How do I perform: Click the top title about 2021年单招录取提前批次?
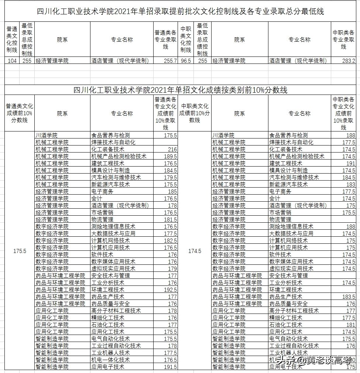coord(181,12)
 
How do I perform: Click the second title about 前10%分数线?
coord(181,90)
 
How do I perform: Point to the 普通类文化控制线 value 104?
coord(12,61)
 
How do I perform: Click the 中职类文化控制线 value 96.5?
coord(186,61)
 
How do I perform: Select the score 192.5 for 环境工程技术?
coord(170,290)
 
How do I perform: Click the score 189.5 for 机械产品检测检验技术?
coord(170,157)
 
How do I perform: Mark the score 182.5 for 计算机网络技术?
coord(170,241)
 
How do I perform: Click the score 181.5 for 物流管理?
coord(170,220)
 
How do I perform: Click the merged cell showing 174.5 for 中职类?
coord(195,251)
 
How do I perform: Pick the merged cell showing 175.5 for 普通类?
coord(20,251)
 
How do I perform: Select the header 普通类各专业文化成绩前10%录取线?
coord(165,113)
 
